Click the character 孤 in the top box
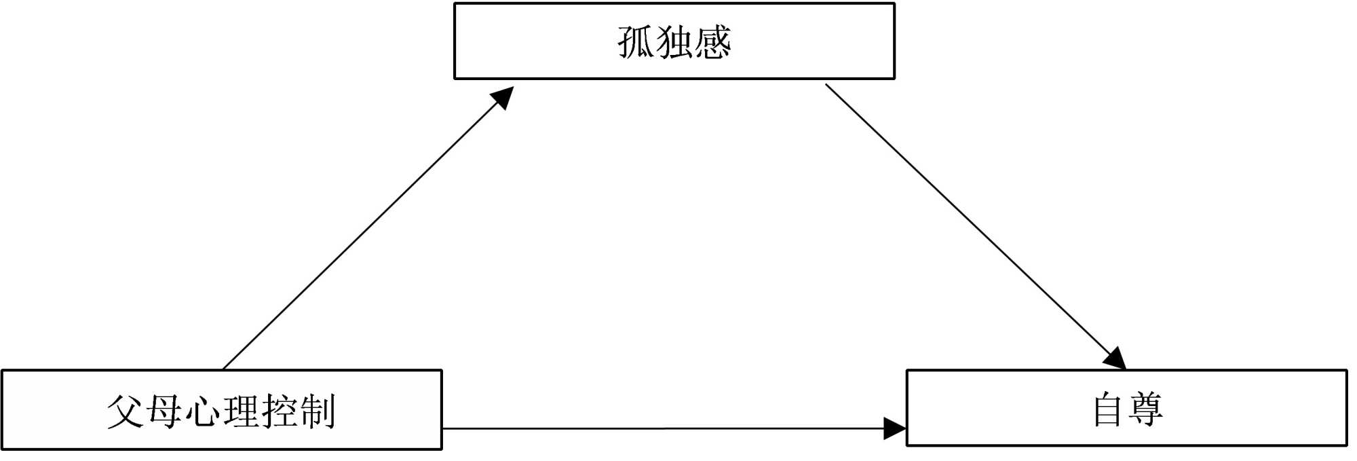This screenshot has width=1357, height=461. (x=636, y=42)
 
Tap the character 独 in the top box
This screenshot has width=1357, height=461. (x=674, y=42)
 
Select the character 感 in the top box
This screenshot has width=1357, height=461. (x=712, y=42)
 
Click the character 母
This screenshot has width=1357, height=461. (x=164, y=411)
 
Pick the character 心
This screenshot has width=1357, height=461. (x=202, y=411)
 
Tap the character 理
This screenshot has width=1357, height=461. (x=241, y=411)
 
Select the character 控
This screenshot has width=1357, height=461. (x=279, y=411)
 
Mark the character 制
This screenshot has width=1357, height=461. (x=318, y=411)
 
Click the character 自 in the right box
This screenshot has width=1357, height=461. (x=1108, y=409)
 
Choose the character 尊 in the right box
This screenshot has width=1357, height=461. (x=1146, y=409)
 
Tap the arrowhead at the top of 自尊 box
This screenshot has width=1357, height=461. (x=1115, y=358)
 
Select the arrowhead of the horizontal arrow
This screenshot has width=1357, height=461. (x=895, y=428)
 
